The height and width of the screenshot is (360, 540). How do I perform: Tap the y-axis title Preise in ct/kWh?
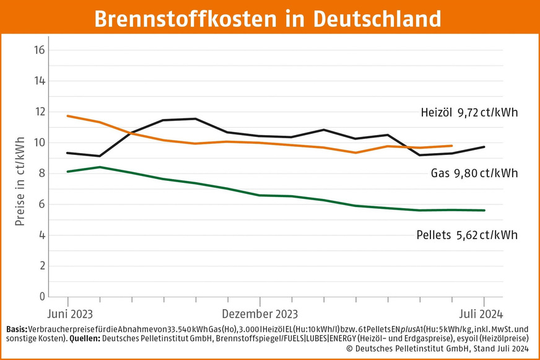pyautogui.click(x=20, y=180)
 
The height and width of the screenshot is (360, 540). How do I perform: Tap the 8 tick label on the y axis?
pyautogui.click(x=41, y=174)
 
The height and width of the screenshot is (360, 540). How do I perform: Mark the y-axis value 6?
pyautogui.click(x=41, y=204)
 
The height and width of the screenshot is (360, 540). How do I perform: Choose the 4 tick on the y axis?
pyautogui.click(x=41, y=235)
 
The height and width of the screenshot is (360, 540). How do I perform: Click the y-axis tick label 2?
pyautogui.click(x=41, y=266)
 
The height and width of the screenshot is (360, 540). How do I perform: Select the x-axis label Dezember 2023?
pyautogui.click(x=259, y=313)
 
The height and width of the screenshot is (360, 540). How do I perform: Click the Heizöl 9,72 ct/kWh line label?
pyautogui.click(x=468, y=113)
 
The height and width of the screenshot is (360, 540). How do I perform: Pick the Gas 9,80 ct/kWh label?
pyautogui.click(x=474, y=174)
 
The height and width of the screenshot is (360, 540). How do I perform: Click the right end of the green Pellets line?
pyautogui.click(x=484, y=210)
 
